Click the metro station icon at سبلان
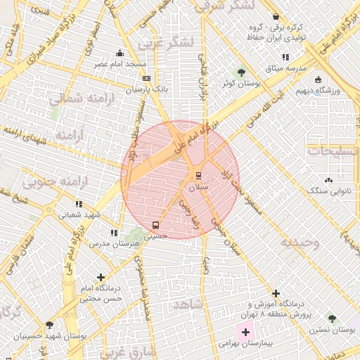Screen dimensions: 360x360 pos(198,176)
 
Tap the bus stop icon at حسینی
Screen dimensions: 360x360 pos(155,225)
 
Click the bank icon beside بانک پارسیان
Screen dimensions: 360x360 pos(146,79)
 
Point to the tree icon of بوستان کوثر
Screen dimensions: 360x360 pos(241,72)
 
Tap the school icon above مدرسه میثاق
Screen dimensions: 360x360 pos(285,57)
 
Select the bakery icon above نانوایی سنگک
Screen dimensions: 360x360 pos(328,180)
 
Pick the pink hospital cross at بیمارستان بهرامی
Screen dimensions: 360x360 pos(245,330)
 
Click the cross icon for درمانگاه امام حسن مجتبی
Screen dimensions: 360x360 pos(101,277)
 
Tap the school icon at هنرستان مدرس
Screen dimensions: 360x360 pos(114,232)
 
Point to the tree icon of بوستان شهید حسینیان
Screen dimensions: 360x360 pos(49,325)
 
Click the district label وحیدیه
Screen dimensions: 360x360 pos(300,243)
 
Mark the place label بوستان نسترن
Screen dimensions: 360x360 pos(332,329)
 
